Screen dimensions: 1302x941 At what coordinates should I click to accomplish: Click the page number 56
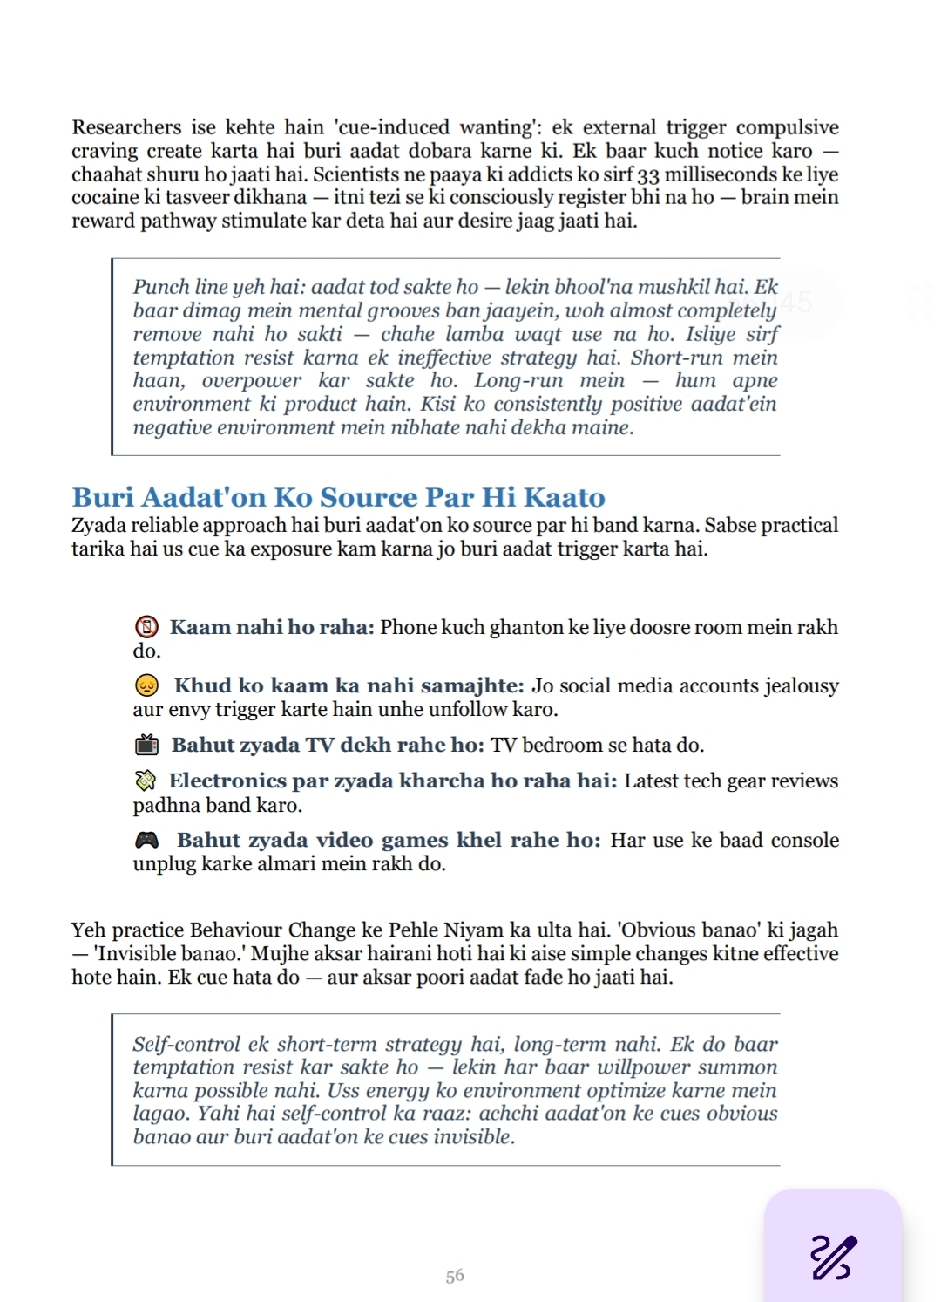455,1276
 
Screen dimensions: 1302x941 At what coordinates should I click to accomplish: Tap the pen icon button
833,1257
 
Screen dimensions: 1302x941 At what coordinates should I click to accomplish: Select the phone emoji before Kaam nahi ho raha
147,627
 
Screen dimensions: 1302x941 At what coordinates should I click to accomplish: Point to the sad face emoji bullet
147,685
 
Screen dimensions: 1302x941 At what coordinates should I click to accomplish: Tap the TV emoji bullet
147,745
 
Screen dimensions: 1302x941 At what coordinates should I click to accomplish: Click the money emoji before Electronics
146,781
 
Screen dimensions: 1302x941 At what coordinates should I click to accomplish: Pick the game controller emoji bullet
147,840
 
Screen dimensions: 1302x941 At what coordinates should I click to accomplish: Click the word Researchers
126,127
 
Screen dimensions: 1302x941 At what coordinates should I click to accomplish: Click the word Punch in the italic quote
159,287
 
